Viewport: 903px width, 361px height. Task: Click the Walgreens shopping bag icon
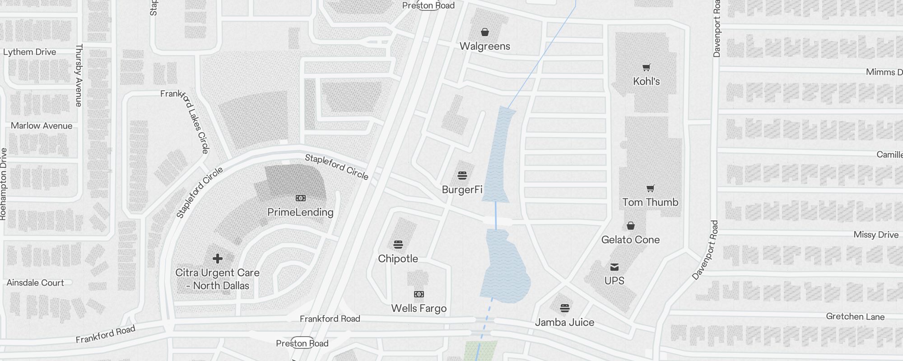[484, 32]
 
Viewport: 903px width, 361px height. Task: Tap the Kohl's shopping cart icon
[647, 68]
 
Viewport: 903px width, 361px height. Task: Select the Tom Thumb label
[650, 202]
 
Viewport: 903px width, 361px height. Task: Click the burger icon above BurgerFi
[462, 175]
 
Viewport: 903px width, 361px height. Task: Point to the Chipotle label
[398, 259]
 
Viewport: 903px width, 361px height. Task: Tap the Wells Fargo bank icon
[419, 294]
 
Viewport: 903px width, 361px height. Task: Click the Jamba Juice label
[564, 322]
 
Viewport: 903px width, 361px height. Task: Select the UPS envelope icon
[614, 267]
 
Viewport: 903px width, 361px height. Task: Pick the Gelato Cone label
[630, 240]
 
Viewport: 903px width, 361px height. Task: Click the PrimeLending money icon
[300, 198]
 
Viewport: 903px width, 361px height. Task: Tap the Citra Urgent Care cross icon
[218, 259]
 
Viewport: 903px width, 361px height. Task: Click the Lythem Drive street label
[30, 52]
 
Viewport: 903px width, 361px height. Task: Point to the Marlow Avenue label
[42, 125]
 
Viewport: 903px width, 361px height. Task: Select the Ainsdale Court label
[35, 282]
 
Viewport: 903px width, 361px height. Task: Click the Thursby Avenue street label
[79, 75]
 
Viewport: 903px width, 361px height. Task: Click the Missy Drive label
[876, 235]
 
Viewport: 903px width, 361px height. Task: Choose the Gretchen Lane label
[855, 316]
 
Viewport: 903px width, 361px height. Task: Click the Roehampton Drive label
[4, 184]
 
